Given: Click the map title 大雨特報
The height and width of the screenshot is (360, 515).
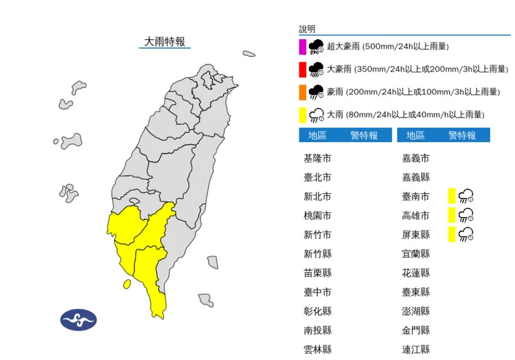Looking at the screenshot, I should click(163, 42).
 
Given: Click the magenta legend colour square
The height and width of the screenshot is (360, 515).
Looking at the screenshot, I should click(302, 47).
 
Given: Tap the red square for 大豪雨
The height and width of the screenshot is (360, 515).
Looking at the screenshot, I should click(302, 69).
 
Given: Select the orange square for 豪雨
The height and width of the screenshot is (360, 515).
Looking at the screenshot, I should click(302, 92).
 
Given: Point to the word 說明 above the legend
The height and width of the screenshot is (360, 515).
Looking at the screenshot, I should click(307, 29).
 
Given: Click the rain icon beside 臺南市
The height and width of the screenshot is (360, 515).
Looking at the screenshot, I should click(467, 196).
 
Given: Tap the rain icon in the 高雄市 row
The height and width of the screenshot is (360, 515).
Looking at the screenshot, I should click(467, 215).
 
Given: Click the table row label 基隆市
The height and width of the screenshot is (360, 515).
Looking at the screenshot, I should click(317, 158).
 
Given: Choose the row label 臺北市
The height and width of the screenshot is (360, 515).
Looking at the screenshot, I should click(317, 177).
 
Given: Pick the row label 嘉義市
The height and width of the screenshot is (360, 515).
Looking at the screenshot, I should click(415, 158).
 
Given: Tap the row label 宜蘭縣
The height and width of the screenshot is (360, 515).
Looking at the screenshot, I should click(415, 254).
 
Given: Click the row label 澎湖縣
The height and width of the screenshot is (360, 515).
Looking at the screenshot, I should click(415, 311).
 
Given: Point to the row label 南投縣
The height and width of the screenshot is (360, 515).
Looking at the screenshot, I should click(317, 330).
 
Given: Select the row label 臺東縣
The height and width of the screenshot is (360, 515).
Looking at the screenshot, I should click(415, 291).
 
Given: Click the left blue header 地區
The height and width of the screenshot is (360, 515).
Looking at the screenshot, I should click(317, 135).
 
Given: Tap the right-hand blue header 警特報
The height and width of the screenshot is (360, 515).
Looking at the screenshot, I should click(462, 135).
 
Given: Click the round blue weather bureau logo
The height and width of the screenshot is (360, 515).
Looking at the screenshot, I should click(79, 319).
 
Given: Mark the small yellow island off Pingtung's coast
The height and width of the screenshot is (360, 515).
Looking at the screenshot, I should click(126, 284).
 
